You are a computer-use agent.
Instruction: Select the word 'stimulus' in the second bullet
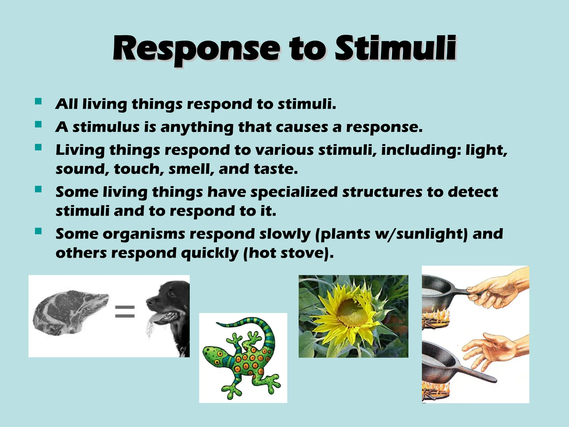click(x=106, y=127)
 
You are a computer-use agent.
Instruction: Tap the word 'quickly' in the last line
click(x=209, y=253)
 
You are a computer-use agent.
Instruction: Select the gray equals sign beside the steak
click(x=125, y=311)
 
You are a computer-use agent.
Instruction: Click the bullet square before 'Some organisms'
click(x=38, y=231)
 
